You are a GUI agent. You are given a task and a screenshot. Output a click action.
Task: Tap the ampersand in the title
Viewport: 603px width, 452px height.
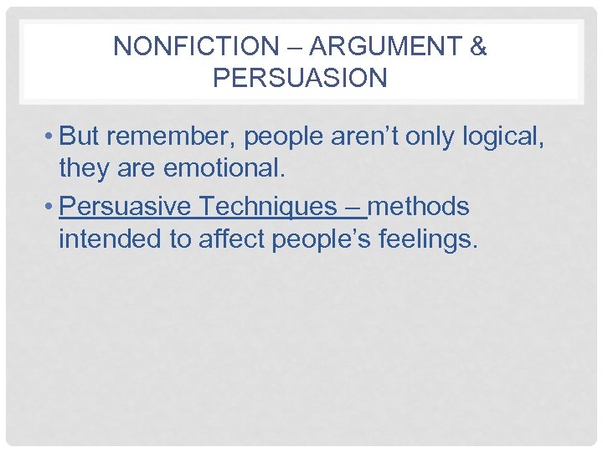[478, 47]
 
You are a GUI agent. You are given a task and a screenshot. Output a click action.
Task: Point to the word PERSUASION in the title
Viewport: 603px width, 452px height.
[300, 78]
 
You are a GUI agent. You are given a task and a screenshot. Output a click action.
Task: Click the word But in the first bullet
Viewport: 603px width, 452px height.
[80, 136]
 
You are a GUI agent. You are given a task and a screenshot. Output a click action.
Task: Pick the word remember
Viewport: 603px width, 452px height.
[168, 136]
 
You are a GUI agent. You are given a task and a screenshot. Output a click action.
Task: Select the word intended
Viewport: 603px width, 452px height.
[111, 240]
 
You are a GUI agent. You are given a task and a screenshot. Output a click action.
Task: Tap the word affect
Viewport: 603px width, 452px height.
[234, 240]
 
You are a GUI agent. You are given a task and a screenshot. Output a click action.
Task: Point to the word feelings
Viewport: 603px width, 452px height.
[429, 240]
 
